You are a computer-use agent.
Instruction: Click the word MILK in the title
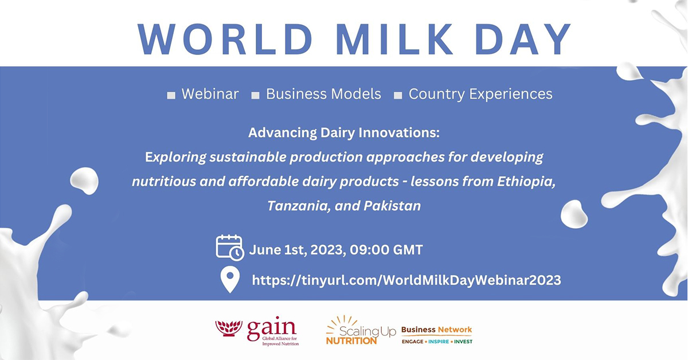[394, 39]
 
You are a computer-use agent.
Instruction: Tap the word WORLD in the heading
[225, 39]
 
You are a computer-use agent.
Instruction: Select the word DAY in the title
[523, 39]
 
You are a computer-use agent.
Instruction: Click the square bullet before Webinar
[171, 96]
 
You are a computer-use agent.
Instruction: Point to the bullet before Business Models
[255, 96]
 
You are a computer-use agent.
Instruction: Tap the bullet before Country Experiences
[398, 96]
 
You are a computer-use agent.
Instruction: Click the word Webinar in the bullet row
[210, 94]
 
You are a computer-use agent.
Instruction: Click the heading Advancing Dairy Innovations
[343, 133]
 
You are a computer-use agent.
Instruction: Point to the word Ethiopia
[526, 182]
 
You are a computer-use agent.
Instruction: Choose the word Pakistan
[392, 206]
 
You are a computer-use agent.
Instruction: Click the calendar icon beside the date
[230, 248]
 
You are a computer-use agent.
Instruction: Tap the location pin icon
[230, 279]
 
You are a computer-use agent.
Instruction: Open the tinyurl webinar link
[406, 280]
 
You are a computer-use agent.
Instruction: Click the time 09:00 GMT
[386, 250]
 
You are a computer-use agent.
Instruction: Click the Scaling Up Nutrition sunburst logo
[361, 330]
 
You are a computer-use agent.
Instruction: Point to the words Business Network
[436, 330]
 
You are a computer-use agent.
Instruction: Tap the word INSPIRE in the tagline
[439, 342]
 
